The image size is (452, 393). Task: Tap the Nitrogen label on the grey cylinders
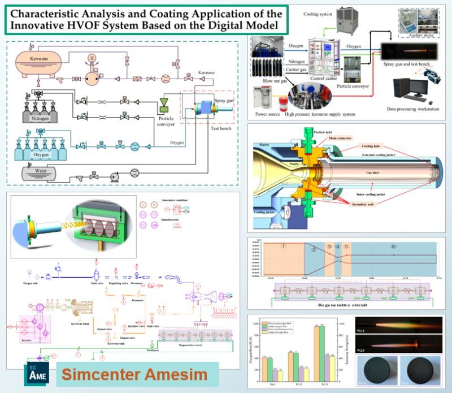pyautogui.click(x=36, y=118)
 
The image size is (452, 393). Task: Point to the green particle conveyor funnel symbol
pyautogui.click(x=165, y=102)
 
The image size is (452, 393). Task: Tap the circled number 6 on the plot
pyautogui.click(x=394, y=247)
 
